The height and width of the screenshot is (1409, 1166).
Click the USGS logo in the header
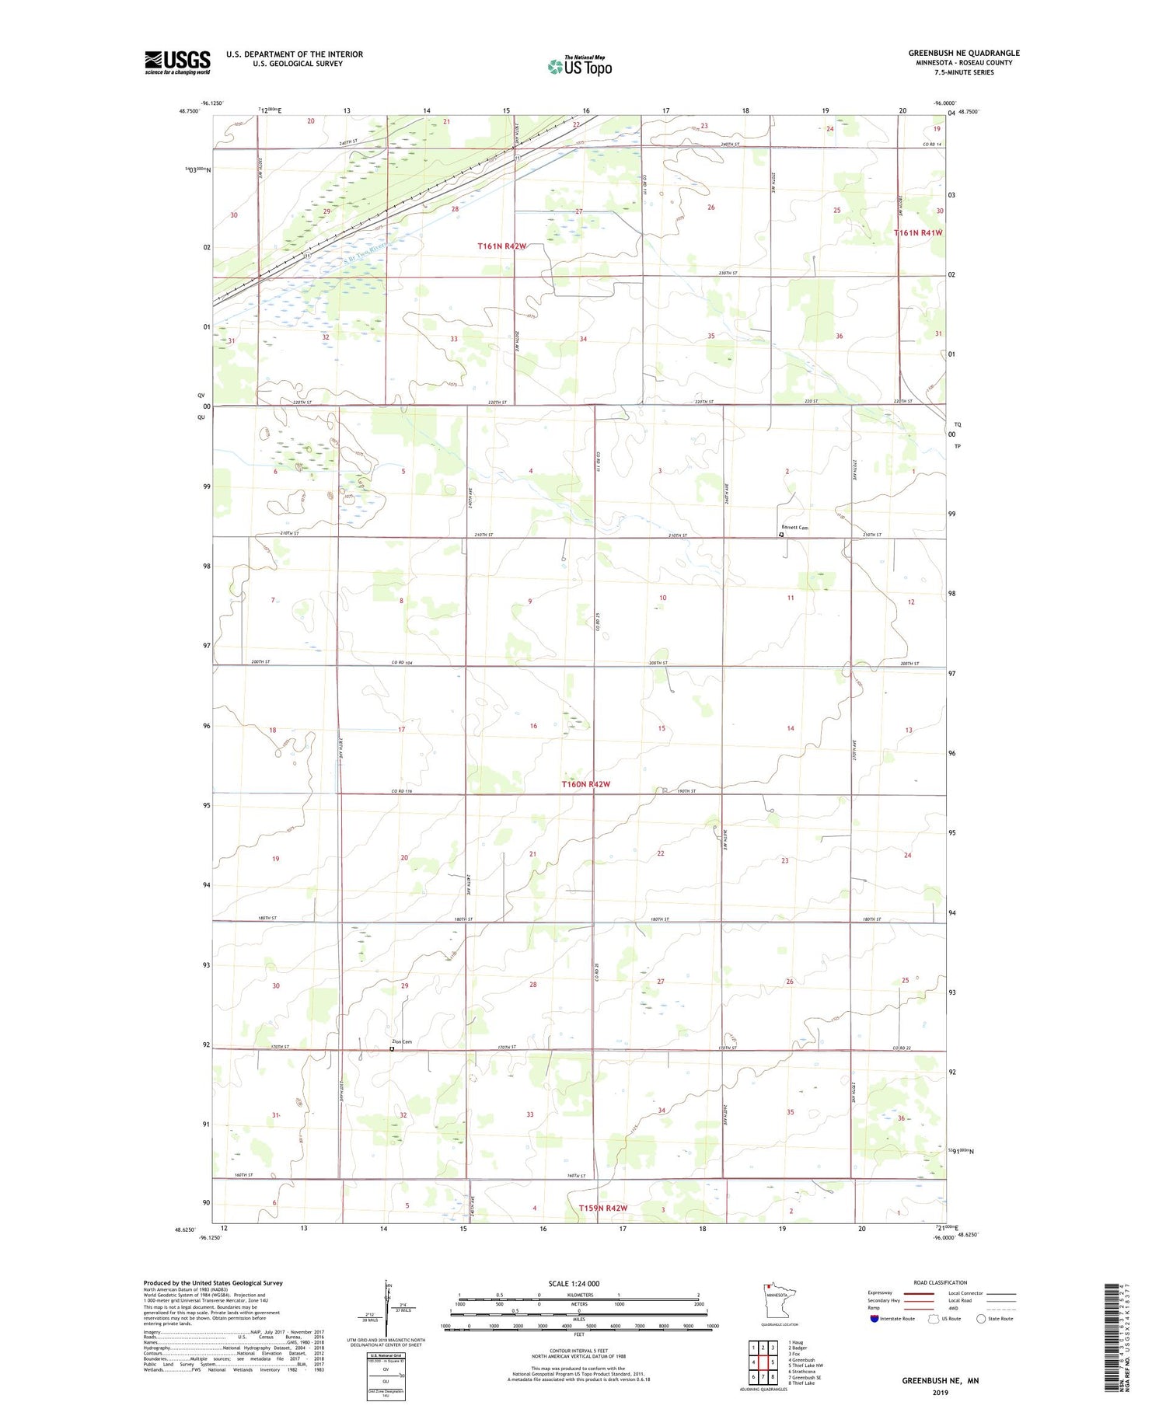point(177,62)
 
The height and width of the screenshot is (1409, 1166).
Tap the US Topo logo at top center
point(580,67)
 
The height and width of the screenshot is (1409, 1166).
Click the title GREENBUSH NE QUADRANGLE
point(964,54)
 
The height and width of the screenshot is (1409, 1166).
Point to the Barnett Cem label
point(795,528)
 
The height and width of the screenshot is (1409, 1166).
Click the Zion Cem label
point(401,1041)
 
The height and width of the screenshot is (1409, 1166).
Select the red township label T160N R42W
point(586,784)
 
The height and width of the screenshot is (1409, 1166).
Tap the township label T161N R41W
point(918,232)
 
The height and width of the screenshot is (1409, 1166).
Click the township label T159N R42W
point(603,1208)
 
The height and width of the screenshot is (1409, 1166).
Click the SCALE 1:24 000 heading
point(574,1283)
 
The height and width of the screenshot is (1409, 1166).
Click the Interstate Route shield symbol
point(874,1319)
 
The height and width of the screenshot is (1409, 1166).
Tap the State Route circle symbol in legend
point(981,1319)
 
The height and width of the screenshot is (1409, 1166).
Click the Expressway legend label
point(880,1293)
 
